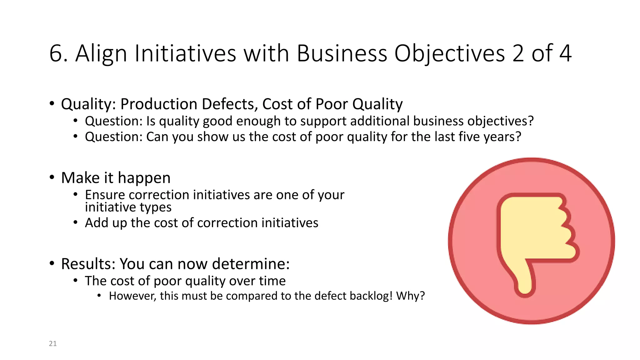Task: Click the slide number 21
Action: [53, 343]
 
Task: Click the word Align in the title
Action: [101, 54]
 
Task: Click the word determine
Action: [251, 264]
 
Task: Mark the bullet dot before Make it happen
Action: [52, 177]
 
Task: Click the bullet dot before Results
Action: [52, 263]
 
